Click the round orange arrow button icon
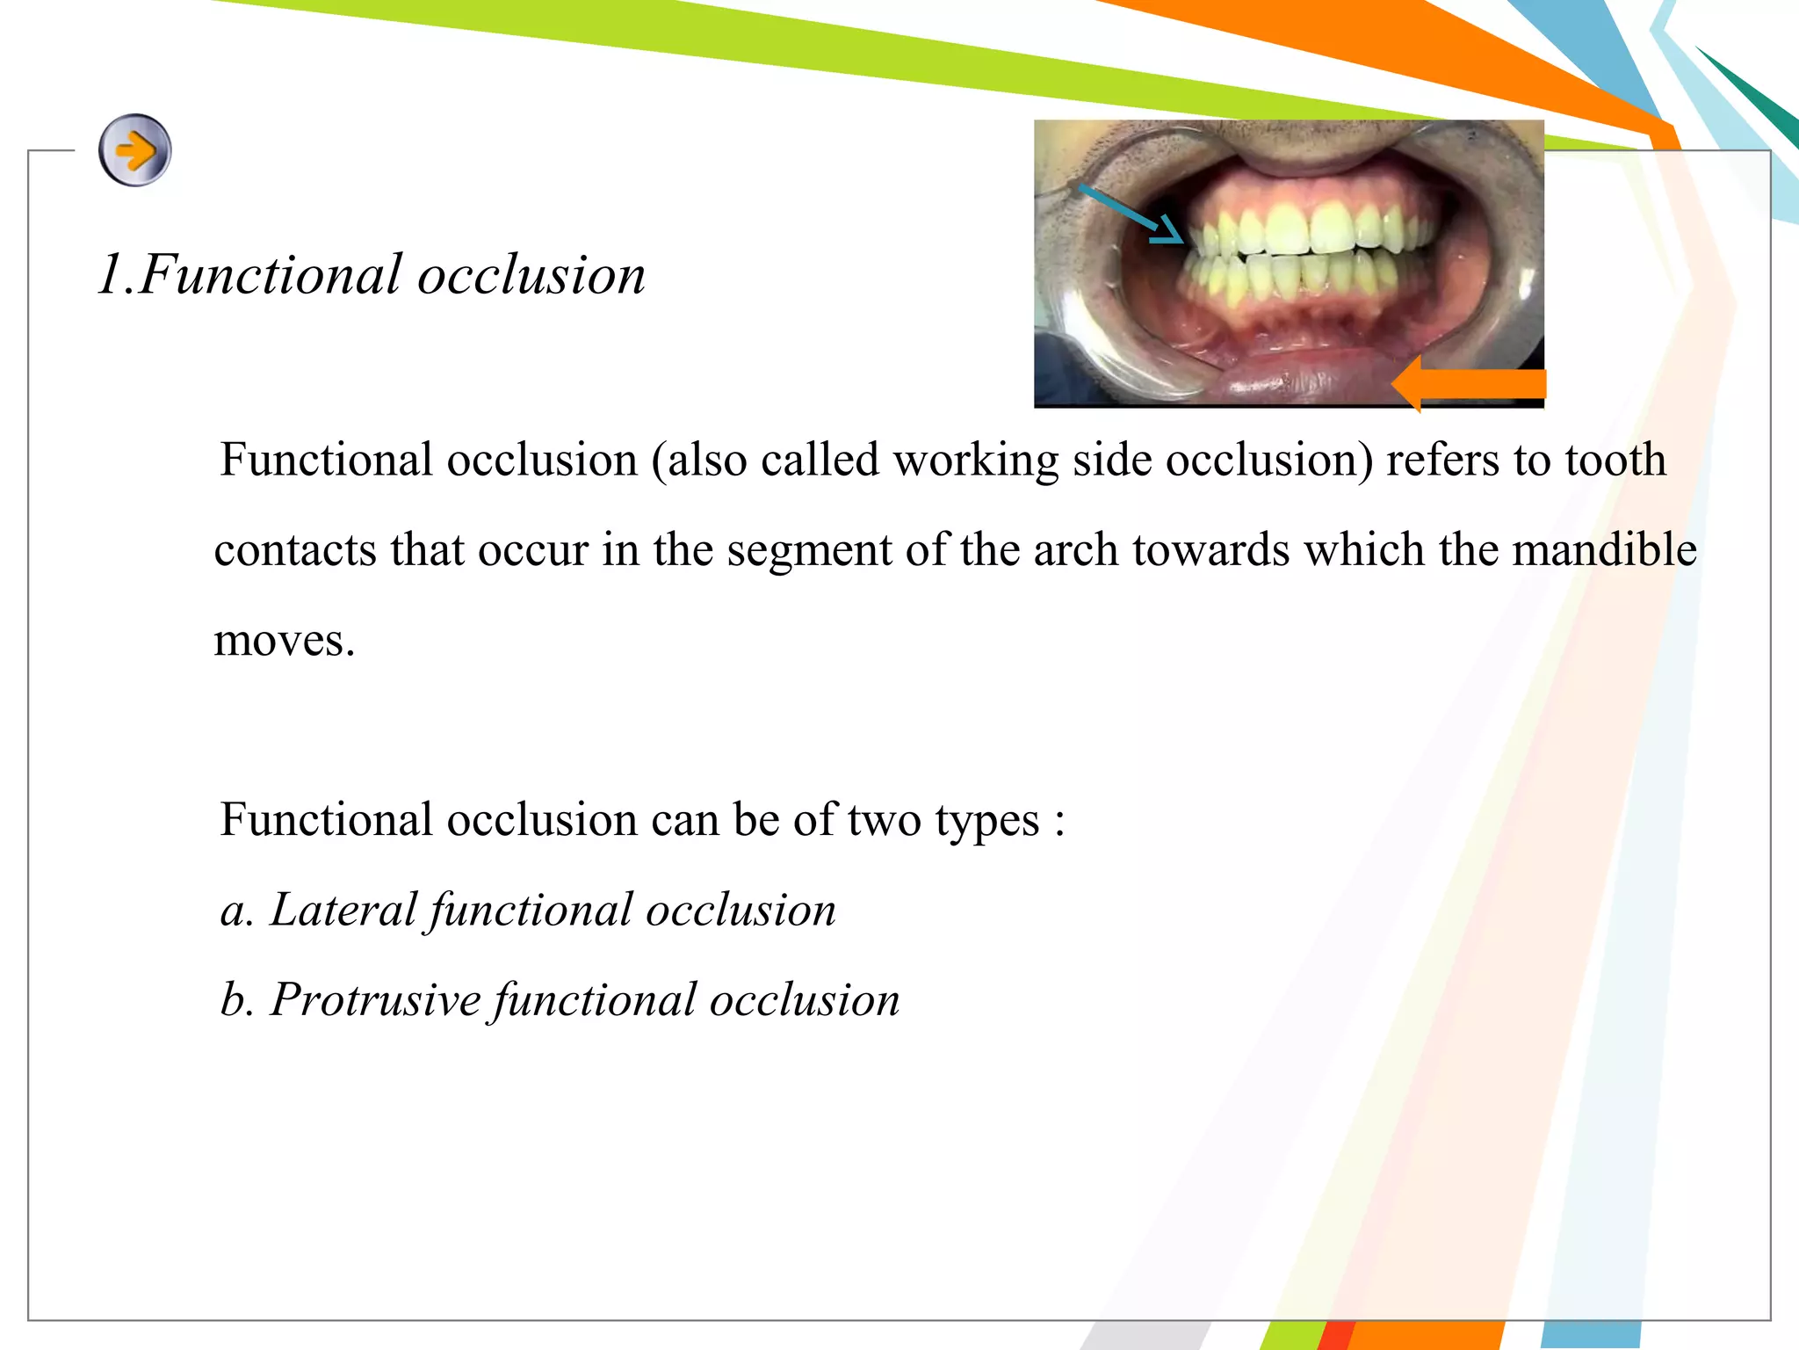tap(134, 150)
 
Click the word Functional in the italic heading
tap(271, 275)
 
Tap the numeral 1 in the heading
tap(109, 275)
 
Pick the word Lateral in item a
tap(343, 910)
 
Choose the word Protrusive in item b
tap(376, 1000)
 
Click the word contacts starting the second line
tap(295, 550)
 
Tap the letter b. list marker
tap(235, 1000)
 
